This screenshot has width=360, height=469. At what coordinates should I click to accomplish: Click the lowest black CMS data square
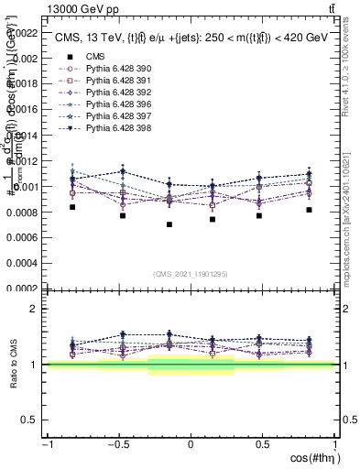[x=169, y=224]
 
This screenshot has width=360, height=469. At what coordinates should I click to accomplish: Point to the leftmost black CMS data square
[x=72, y=207]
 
